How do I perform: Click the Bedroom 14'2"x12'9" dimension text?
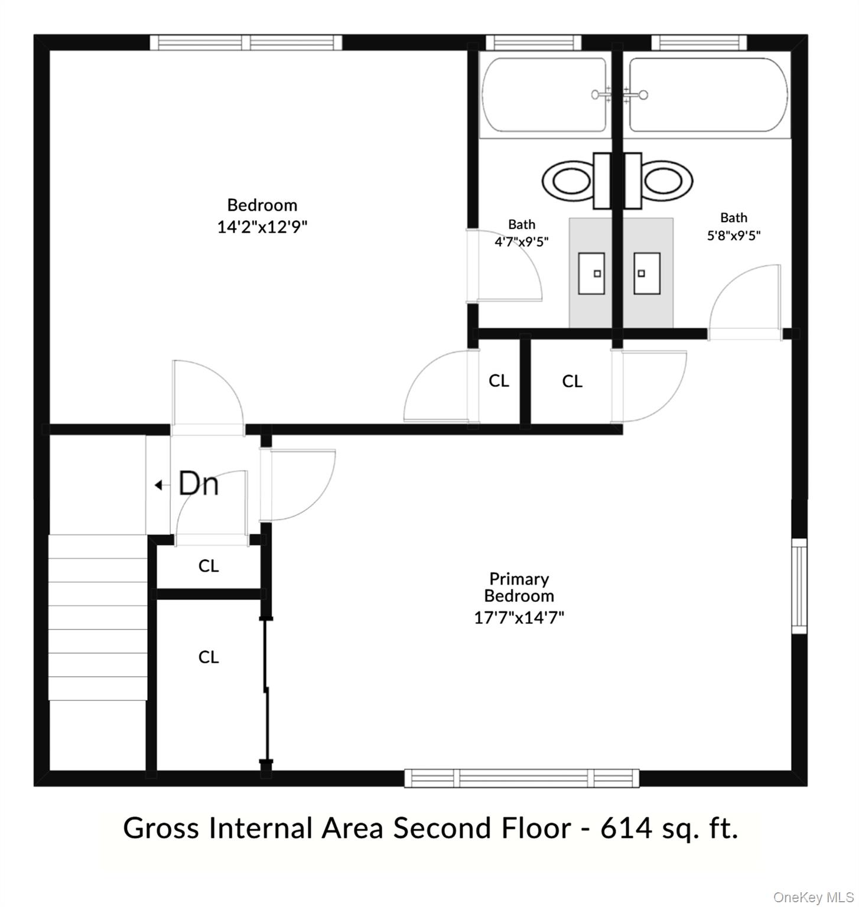click(262, 227)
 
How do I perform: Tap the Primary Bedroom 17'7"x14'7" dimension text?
click(519, 618)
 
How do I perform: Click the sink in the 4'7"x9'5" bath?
click(591, 273)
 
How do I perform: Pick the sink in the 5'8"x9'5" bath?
click(646, 273)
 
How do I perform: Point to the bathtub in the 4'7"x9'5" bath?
click(544, 94)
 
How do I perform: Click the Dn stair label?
click(199, 484)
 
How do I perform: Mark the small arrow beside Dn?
click(158, 485)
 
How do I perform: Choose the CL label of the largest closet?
click(208, 657)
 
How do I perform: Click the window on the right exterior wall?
click(799, 586)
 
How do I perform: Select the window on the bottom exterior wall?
click(522, 778)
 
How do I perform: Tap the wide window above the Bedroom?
click(246, 43)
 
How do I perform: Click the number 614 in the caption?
click(624, 828)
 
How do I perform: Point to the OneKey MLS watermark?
click(813, 898)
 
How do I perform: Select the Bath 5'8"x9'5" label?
click(733, 227)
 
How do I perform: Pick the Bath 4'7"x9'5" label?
click(522, 233)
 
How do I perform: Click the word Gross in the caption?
click(161, 828)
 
